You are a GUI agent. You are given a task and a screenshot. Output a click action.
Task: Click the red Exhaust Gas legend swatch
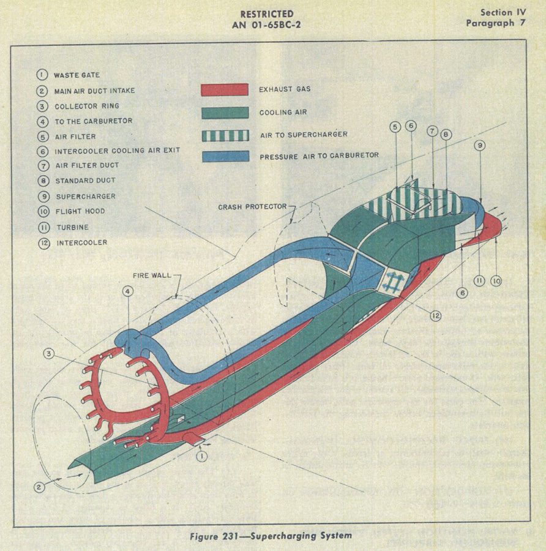[x=225, y=89]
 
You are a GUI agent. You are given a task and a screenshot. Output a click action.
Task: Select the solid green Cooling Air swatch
[x=225, y=113]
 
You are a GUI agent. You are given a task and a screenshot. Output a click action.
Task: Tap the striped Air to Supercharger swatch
[x=226, y=136]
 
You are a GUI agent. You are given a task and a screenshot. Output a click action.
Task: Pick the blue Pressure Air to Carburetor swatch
[x=226, y=157]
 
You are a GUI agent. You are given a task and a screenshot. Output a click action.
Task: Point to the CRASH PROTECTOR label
[x=252, y=207]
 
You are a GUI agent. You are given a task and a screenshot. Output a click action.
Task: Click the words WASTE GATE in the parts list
[x=77, y=75]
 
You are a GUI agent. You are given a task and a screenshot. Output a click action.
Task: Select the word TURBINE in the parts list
[x=73, y=227]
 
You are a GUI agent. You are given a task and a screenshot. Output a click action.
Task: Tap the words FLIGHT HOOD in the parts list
[x=80, y=212]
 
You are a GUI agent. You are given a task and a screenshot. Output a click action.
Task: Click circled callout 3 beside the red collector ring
[x=49, y=353]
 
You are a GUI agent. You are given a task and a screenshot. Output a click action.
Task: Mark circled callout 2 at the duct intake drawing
[x=39, y=487]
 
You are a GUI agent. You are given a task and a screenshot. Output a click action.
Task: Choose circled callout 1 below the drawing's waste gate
[x=201, y=457]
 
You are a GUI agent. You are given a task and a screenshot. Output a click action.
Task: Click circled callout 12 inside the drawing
[x=436, y=316]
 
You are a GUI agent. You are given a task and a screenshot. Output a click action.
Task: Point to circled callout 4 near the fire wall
[x=128, y=291]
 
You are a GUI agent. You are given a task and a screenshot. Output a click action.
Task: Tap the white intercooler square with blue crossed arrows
[x=393, y=281]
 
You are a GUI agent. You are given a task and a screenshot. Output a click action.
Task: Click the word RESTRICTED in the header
[x=267, y=14]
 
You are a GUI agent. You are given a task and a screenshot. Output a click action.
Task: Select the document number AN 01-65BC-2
[x=266, y=25]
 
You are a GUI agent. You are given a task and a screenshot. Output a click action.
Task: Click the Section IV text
[x=503, y=12]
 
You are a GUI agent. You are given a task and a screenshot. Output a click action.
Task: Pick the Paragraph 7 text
[x=496, y=23]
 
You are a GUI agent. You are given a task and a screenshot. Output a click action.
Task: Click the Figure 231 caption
[x=271, y=536]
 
